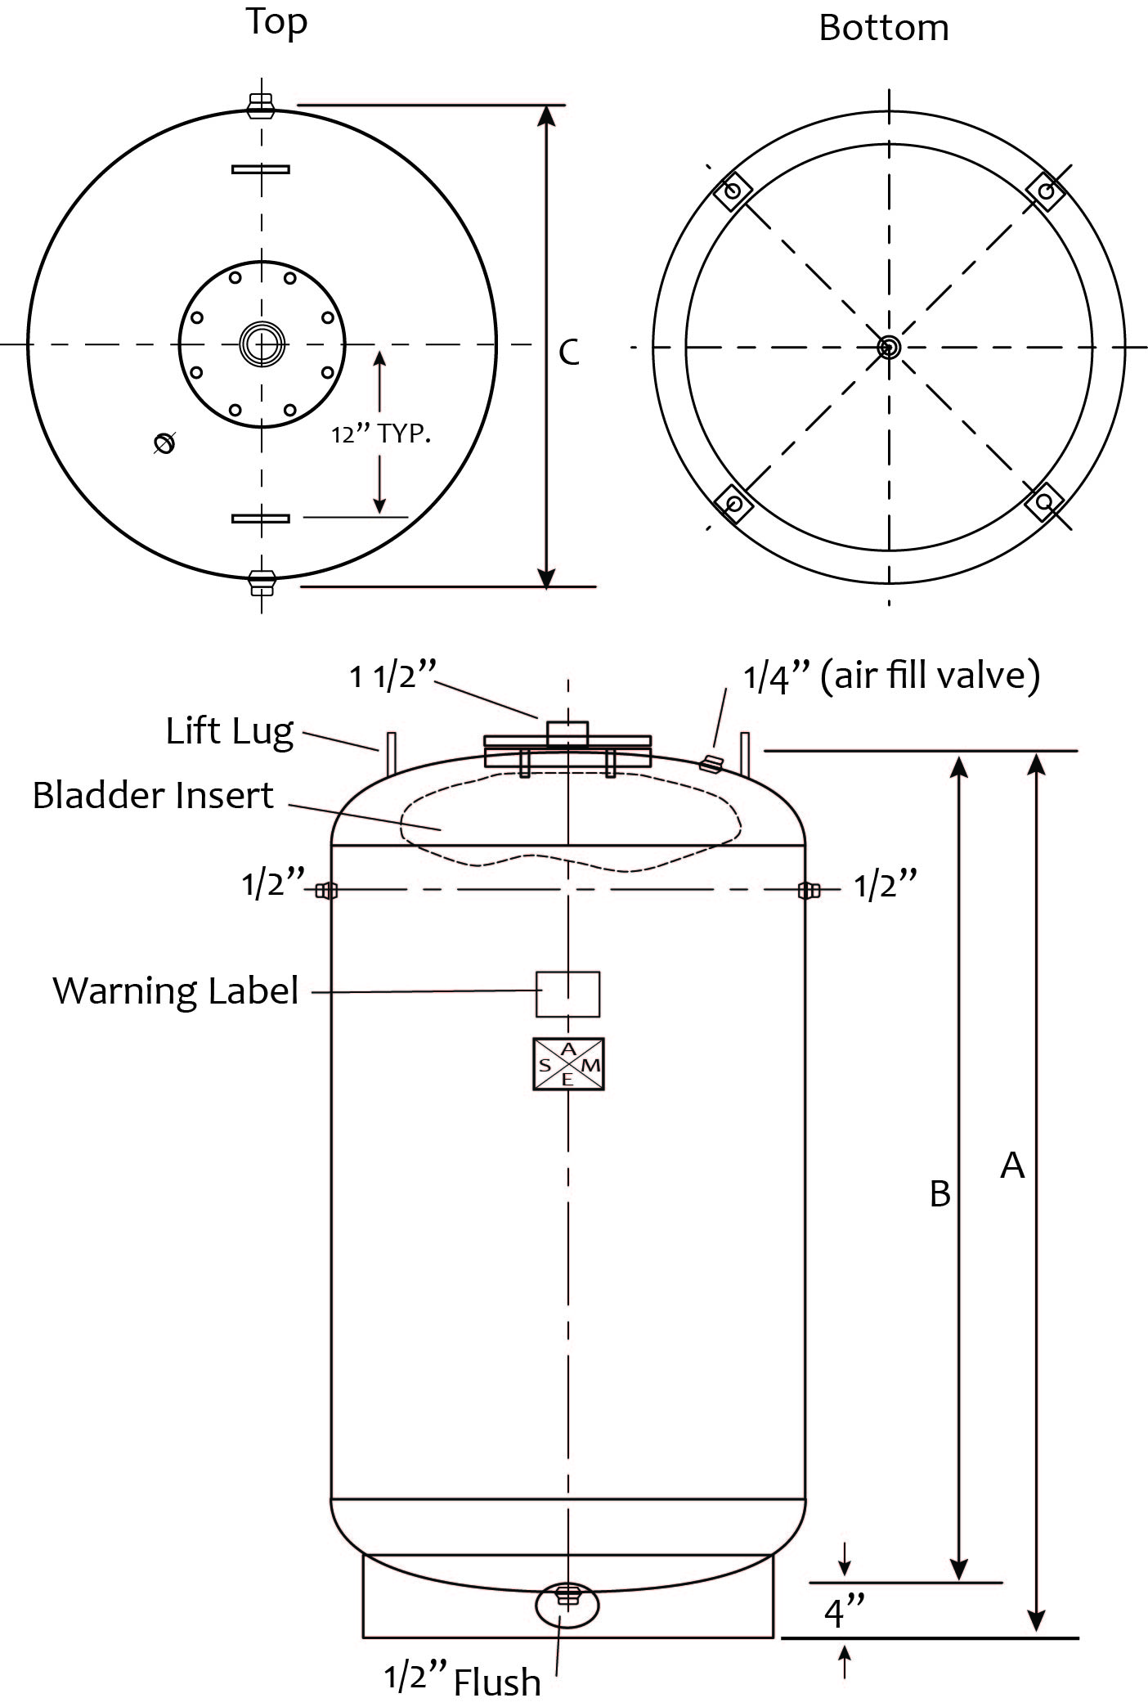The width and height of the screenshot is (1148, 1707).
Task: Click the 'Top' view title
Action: pos(277,22)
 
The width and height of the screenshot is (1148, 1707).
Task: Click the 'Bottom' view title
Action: pos(884,29)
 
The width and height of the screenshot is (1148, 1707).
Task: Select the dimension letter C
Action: pos(569,353)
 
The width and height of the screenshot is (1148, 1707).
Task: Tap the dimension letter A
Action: pos(1012,1165)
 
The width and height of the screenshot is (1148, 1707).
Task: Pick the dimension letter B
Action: pos(940,1193)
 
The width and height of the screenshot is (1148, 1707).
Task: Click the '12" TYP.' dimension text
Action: pos(381,434)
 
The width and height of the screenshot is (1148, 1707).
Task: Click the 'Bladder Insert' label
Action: pos(153,795)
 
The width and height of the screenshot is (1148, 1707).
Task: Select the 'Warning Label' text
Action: pos(176,991)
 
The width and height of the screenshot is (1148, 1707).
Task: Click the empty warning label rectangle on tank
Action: pos(567,994)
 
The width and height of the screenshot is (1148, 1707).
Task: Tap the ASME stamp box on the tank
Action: pos(568,1064)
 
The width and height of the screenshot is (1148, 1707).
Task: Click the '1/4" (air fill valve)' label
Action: pos(891,677)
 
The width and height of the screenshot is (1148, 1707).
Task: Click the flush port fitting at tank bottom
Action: pos(566,1595)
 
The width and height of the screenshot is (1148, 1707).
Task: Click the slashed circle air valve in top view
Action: pos(164,443)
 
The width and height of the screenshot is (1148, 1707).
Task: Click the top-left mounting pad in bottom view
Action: pos(733,191)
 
